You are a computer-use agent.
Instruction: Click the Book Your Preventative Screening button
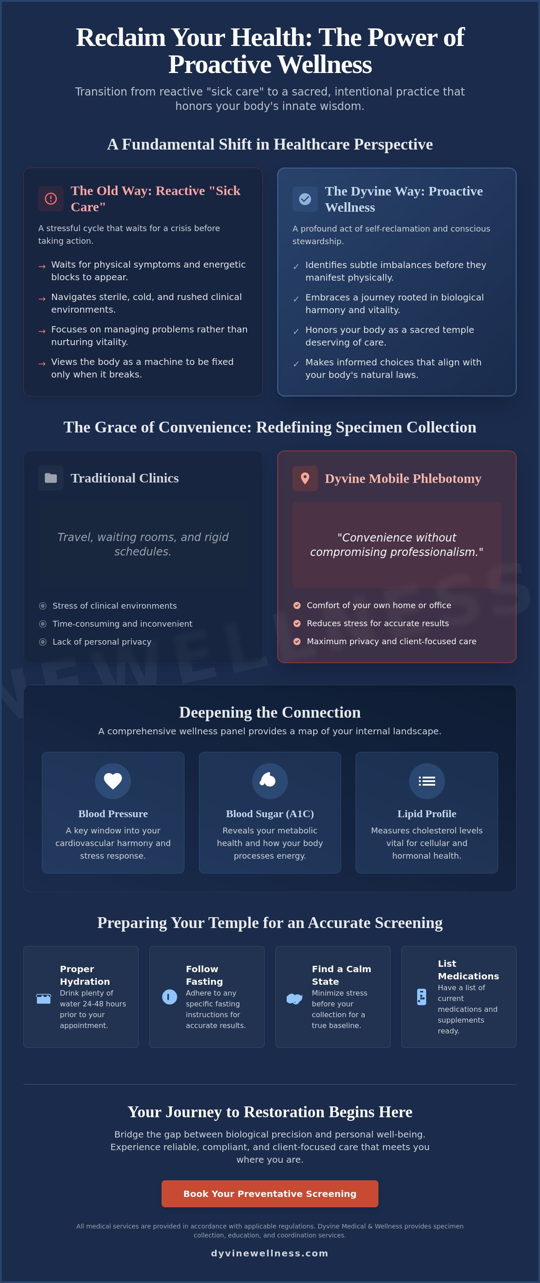270,1194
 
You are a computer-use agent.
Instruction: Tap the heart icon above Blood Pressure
113,781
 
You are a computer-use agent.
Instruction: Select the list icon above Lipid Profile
427,781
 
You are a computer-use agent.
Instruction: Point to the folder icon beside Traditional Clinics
51,478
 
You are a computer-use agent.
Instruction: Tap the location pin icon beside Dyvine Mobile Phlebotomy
305,478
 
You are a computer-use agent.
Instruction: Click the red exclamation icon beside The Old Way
51,199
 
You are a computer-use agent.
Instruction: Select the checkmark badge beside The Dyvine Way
305,199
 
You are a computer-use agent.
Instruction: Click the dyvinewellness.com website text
270,1253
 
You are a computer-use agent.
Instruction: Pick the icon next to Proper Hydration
44,999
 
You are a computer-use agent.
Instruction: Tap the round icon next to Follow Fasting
170,996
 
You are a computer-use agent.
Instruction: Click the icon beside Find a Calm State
295,999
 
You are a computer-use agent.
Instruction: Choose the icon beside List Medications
422,996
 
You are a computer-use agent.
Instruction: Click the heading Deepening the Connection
270,712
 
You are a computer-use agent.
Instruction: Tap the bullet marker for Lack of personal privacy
43,642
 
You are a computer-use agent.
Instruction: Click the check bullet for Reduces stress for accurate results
297,623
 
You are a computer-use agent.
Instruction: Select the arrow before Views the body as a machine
42,364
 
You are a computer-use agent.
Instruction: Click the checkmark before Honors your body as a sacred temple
296,332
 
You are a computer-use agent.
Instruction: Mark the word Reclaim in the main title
121,37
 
